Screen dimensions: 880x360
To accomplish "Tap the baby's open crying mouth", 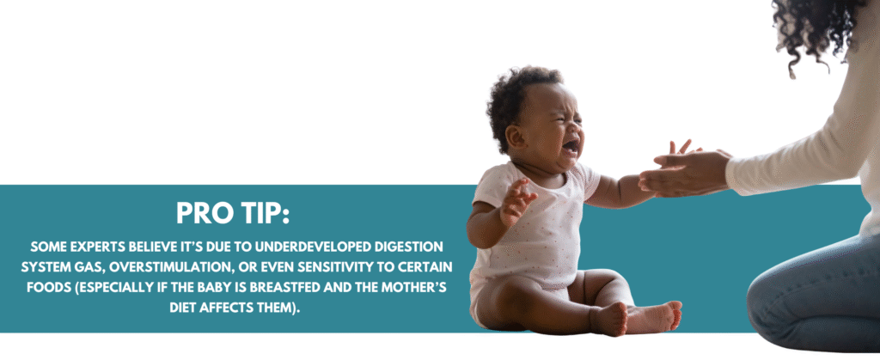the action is click(571, 147).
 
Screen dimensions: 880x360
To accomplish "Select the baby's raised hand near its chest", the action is click(516, 201).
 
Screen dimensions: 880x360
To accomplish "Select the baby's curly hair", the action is click(519, 95).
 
